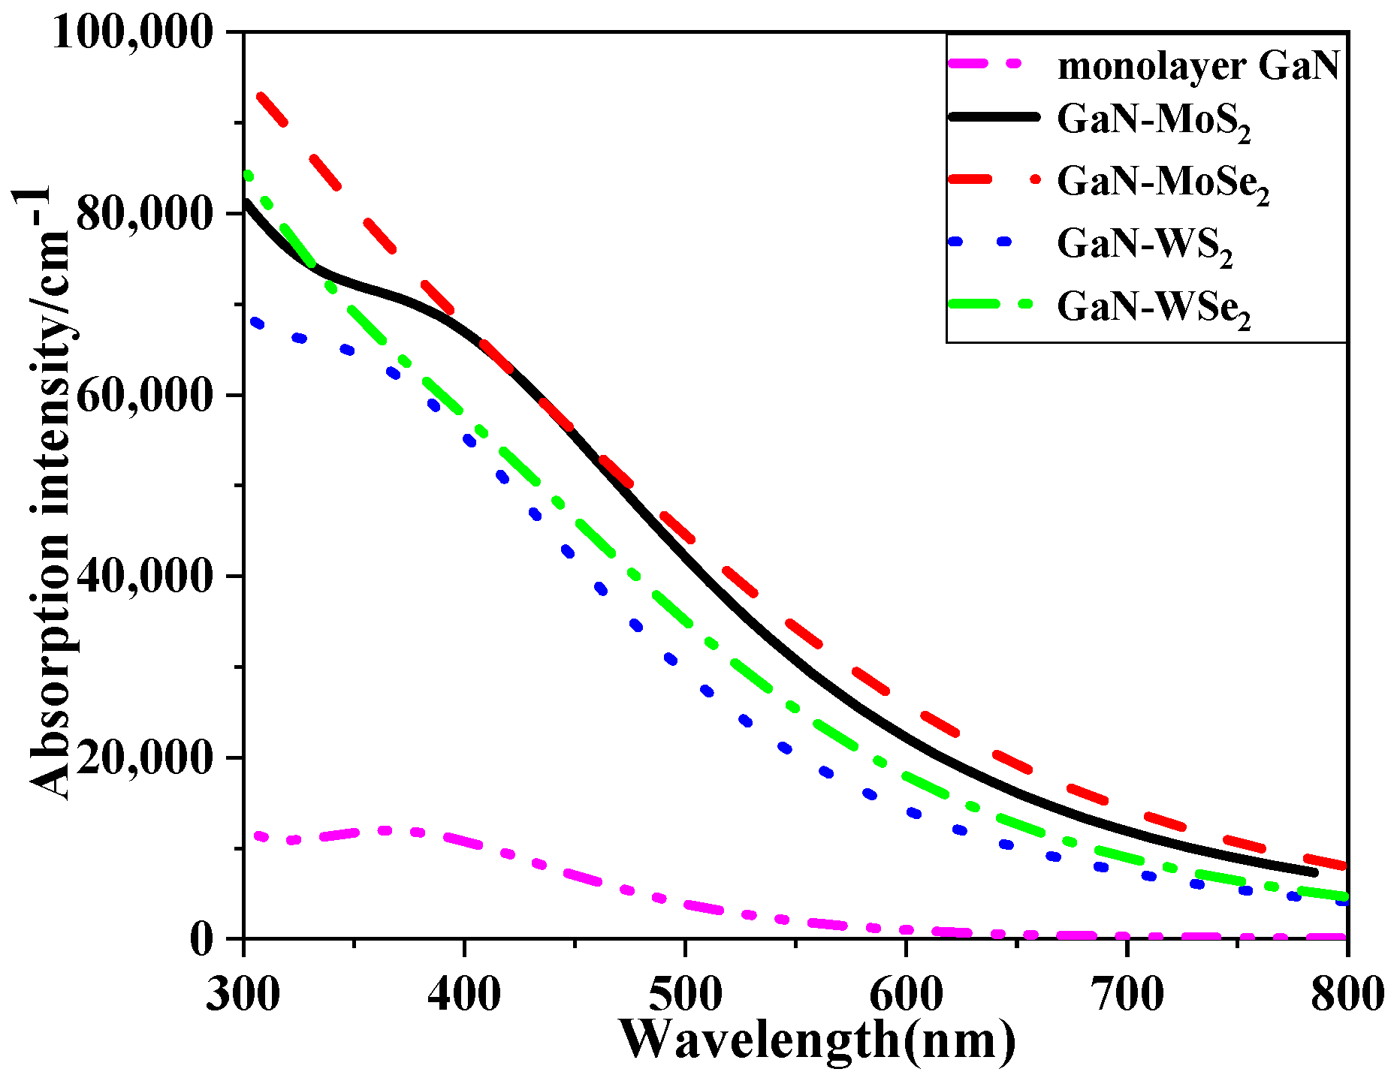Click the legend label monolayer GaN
coord(1198,66)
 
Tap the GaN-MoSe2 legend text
coord(1163,183)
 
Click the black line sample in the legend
coord(994,116)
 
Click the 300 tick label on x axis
coord(244,995)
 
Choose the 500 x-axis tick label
coord(685,995)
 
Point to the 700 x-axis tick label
coord(1127,995)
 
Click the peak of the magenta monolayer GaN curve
coord(385,830)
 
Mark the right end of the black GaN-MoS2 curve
coord(1314,872)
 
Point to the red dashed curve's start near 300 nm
coord(261,96)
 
